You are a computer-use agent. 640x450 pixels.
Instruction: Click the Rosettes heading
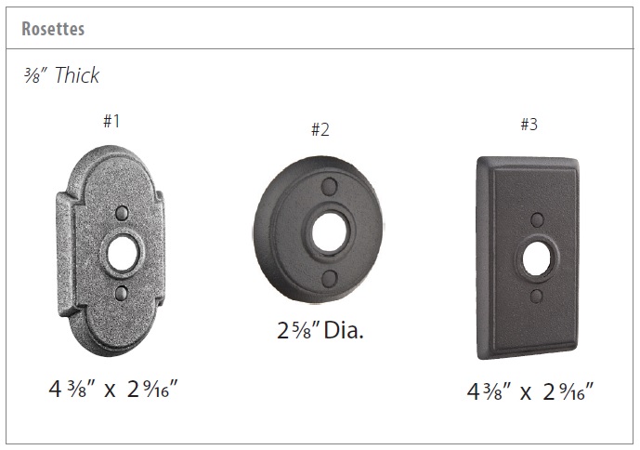click(53, 29)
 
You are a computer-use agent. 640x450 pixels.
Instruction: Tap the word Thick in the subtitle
click(77, 74)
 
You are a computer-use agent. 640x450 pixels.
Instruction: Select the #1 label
click(111, 121)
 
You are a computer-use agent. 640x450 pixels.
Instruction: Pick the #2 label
click(320, 129)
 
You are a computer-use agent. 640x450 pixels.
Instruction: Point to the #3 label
click(529, 124)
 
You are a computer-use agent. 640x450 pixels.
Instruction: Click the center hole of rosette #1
click(122, 254)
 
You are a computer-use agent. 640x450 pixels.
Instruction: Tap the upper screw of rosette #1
click(122, 213)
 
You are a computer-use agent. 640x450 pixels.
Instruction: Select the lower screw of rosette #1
click(122, 294)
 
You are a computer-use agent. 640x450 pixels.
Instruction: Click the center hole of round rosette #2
click(330, 232)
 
